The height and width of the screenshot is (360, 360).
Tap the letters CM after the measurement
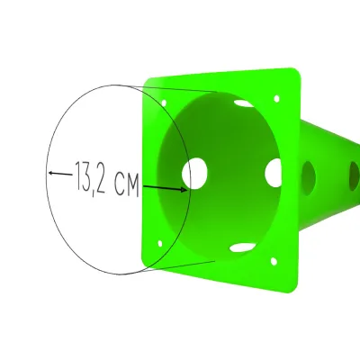127,185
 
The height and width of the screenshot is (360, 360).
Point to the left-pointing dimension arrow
60,174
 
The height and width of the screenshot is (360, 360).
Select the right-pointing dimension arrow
165,188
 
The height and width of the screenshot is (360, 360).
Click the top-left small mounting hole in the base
164,103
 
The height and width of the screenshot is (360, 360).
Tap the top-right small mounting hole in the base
276,99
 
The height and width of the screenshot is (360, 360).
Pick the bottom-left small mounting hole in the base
160,243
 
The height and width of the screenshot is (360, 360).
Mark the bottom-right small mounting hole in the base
274,261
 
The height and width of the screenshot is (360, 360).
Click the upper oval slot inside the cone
244,103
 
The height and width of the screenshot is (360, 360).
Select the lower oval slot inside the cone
241,247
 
